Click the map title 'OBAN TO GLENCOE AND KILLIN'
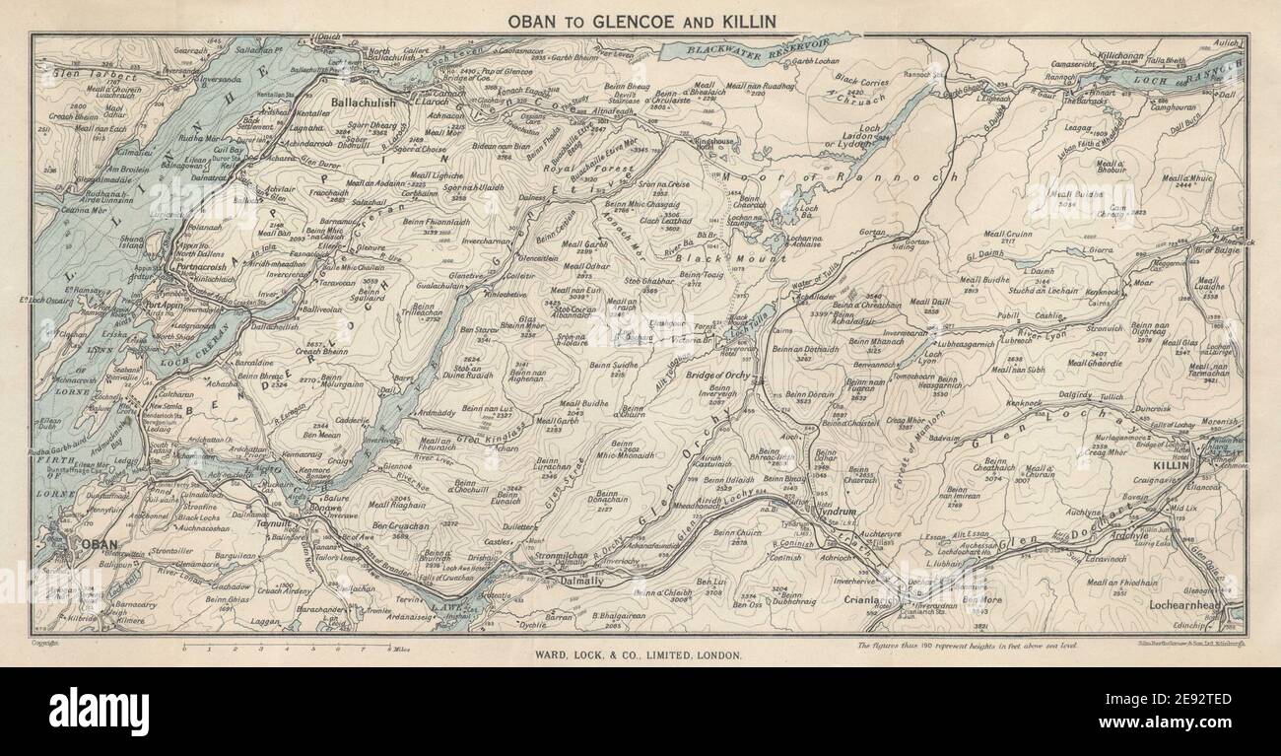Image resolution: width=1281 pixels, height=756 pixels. point(640,20)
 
